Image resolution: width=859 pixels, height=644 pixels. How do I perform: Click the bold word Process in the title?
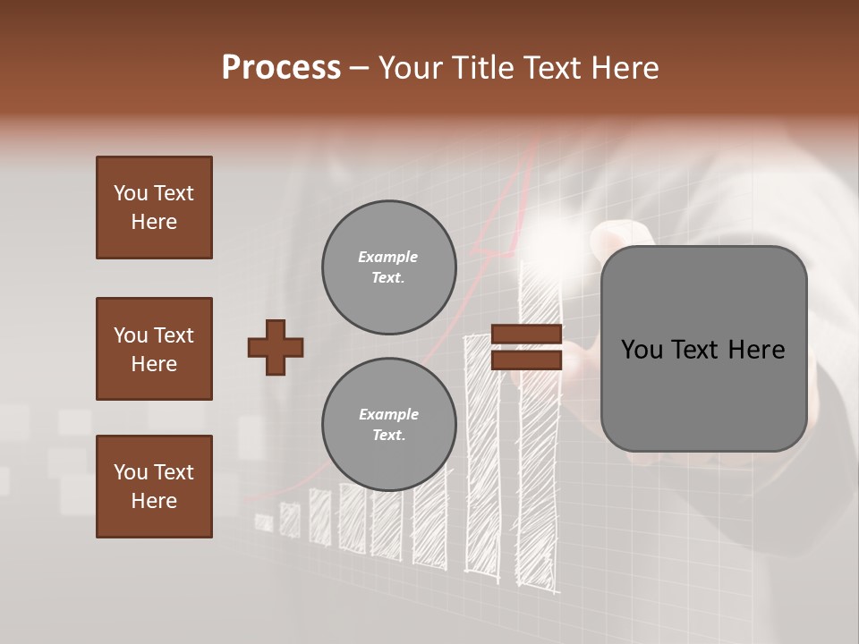281,68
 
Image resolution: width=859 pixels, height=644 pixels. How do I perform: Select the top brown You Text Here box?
154,208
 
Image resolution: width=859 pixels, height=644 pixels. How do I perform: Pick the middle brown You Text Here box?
154,349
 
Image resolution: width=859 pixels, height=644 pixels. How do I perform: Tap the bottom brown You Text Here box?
154,487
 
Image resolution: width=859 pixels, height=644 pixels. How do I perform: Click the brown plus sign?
276,347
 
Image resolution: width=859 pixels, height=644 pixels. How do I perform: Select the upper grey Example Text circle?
388,267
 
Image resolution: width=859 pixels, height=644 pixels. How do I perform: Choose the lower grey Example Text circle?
388,424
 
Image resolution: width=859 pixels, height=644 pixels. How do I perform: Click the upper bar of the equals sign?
526,335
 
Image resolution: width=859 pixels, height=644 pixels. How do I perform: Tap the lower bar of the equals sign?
526,360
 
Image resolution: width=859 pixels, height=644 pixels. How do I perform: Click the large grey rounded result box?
703,348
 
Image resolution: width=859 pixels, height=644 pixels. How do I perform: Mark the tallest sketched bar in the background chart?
540,429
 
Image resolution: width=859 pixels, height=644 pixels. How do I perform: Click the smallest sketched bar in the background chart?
264,522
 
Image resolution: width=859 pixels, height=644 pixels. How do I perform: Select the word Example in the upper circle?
388,257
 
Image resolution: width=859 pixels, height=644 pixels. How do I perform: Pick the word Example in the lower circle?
388,414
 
